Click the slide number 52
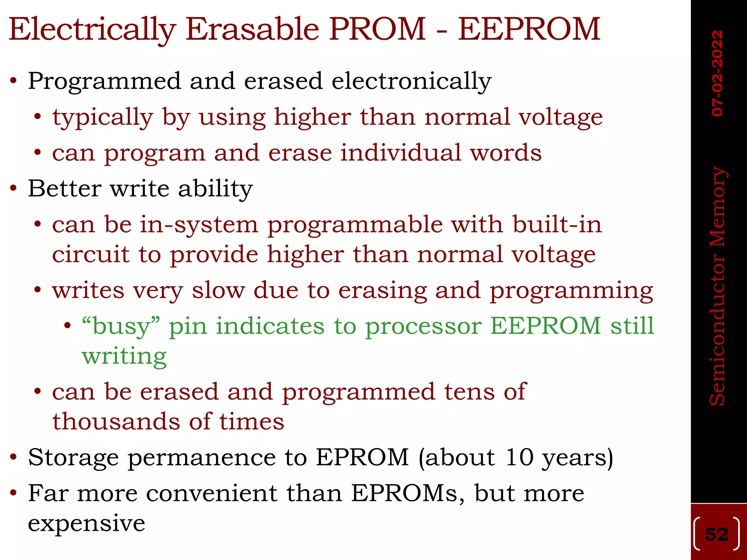(717, 534)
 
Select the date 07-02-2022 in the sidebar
(717, 73)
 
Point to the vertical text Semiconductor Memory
(717, 286)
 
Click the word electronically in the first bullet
(411, 81)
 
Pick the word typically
(102, 117)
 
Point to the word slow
(218, 291)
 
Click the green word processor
(423, 326)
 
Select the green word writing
(124, 356)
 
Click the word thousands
(116, 422)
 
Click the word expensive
(86, 524)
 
